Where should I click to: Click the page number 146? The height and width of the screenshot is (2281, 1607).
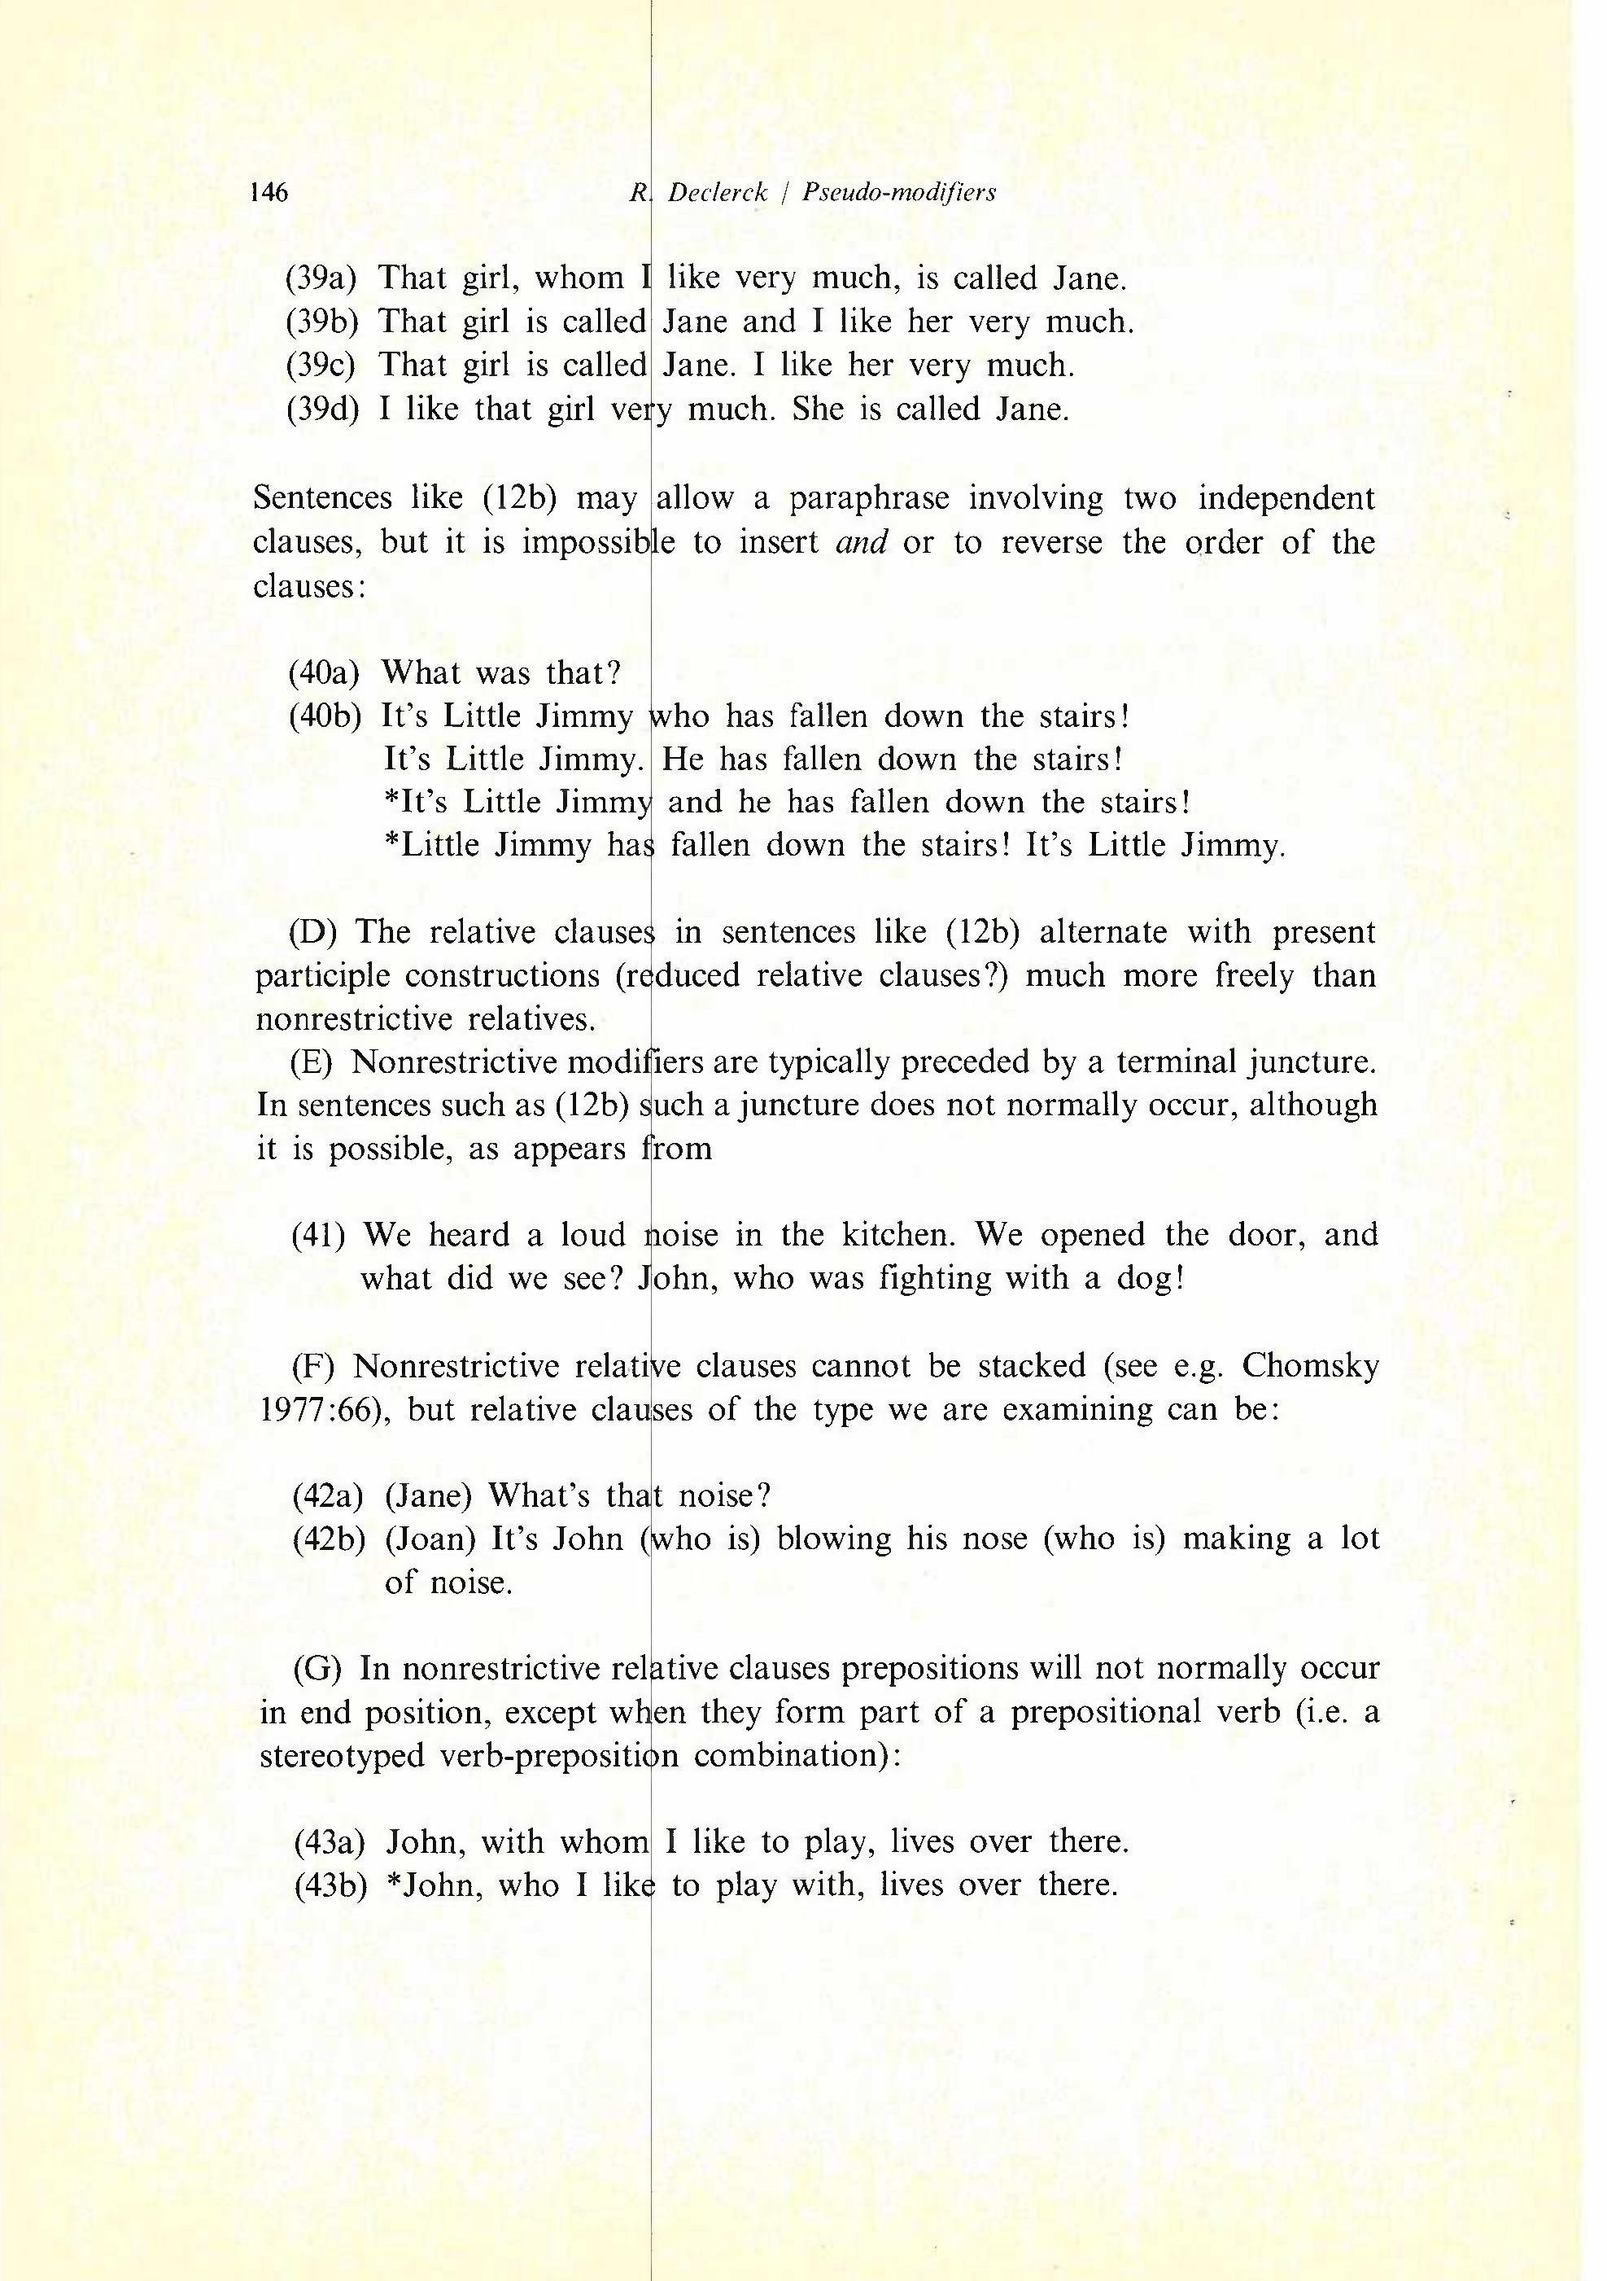point(270,192)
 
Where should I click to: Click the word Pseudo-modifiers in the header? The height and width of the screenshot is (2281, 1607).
point(899,192)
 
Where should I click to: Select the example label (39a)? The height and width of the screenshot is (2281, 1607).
point(321,278)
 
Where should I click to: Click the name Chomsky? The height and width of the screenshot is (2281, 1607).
point(1310,1366)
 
